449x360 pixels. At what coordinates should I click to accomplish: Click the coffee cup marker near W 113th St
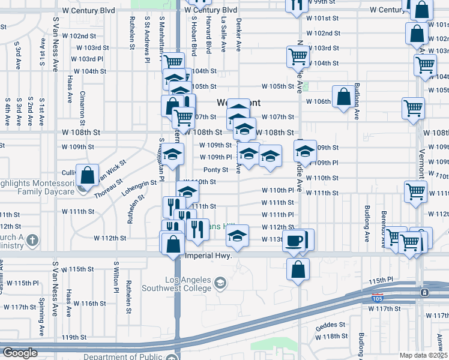click(x=294, y=240)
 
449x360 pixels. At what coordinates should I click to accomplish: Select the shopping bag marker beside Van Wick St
click(x=88, y=176)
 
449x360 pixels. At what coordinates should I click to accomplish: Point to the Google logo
click(x=20, y=353)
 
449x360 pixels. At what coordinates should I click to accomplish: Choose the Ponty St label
click(x=215, y=170)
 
